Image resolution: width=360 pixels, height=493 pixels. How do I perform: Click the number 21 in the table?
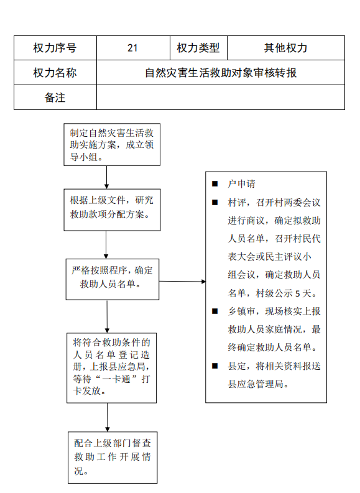pos(132,48)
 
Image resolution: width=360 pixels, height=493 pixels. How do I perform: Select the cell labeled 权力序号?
pos(55,48)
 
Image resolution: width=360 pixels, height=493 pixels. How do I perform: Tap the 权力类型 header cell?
pos(198,48)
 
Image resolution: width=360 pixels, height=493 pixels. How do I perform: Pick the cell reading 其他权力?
pos(286,48)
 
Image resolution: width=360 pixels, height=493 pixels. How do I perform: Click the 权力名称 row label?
pos(55,73)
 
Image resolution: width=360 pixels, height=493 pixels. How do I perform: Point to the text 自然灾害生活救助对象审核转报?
pos(221,73)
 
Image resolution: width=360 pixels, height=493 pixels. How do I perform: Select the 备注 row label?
pos(55,98)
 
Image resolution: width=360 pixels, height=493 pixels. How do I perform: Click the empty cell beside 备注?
pos(221,98)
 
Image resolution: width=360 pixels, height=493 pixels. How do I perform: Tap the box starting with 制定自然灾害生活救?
pos(112,145)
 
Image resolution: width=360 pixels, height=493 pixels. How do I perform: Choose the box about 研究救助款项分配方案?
pos(112,210)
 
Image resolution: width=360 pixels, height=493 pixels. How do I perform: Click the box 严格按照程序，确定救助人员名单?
pos(113,279)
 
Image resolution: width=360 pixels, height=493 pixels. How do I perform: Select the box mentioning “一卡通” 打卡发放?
pos(112,368)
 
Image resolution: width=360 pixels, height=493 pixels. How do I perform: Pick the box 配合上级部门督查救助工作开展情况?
pos(113,458)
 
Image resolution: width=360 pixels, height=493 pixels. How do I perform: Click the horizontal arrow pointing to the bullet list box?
pos(182,282)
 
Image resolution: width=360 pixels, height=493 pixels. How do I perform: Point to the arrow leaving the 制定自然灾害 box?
pos(106,177)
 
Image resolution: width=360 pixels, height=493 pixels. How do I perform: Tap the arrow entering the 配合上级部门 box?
pos(107,417)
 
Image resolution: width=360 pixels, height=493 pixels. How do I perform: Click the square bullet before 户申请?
pos(215,183)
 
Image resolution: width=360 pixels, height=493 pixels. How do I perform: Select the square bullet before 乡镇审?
pos(215,311)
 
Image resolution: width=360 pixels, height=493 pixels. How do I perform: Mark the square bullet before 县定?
pos(215,366)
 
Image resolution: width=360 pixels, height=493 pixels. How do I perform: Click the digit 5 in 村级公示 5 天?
pos(297,293)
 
